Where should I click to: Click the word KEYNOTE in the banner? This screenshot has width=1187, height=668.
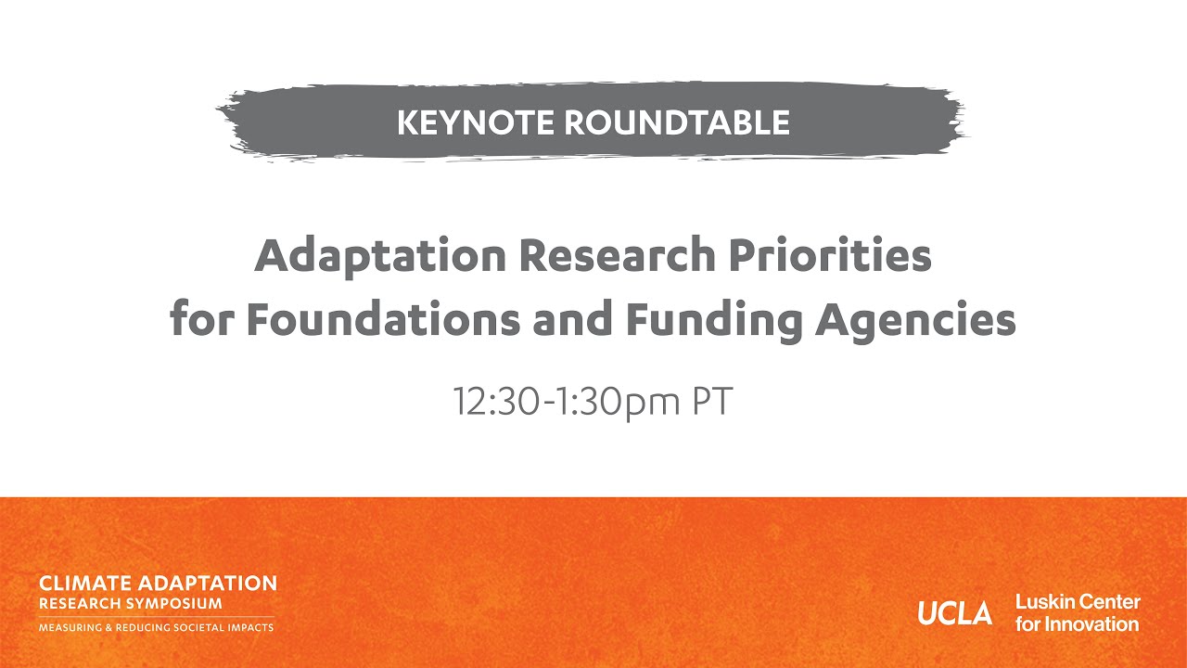click(471, 122)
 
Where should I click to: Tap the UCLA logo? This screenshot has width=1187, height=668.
click(954, 613)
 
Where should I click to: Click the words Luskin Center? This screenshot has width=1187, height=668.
click(1078, 602)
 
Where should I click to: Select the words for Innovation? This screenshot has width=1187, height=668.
click(1077, 624)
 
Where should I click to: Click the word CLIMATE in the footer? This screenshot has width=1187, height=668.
click(85, 584)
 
